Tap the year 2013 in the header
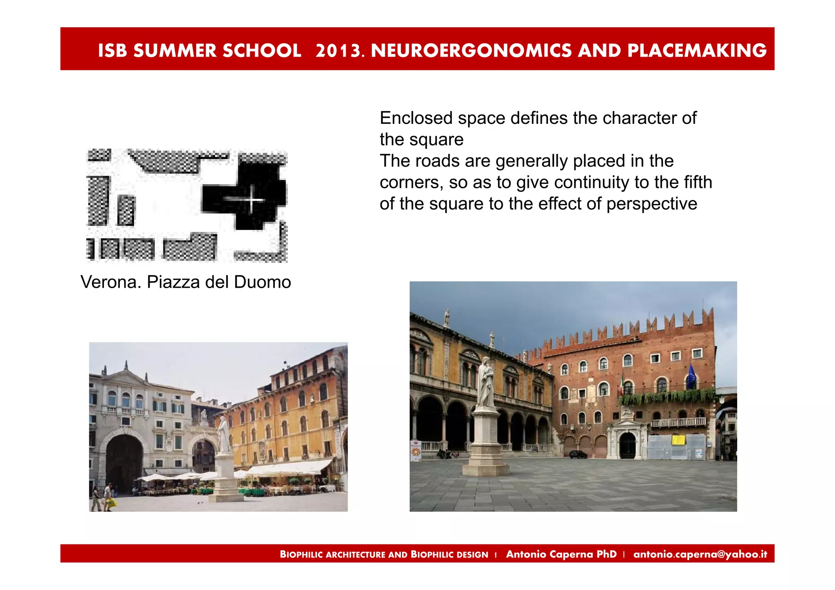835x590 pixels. pyautogui.click(x=338, y=51)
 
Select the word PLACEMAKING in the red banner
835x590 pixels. pyautogui.click(x=697, y=51)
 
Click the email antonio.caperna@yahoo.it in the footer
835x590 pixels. pyautogui.click(x=700, y=554)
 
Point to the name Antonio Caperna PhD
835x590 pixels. pyautogui.click(x=561, y=554)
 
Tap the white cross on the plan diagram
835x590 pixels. pyautogui.click(x=252, y=200)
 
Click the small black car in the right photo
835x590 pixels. pyautogui.click(x=578, y=454)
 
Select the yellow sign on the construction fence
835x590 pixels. pyautogui.click(x=678, y=440)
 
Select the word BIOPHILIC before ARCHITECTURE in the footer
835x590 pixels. pyautogui.click(x=301, y=555)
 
